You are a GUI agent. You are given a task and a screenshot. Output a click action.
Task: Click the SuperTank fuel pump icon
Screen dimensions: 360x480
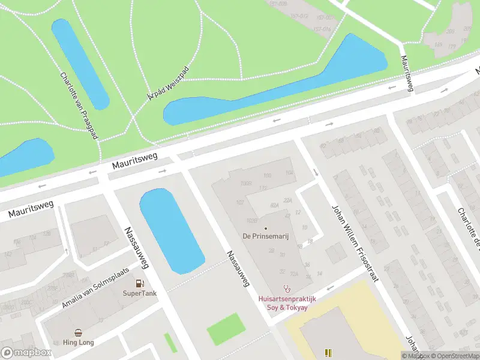(x=140, y=283)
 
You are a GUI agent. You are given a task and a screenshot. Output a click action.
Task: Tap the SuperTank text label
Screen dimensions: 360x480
(x=140, y=293)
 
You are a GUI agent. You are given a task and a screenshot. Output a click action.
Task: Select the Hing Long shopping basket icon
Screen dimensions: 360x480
(x=79, y=332)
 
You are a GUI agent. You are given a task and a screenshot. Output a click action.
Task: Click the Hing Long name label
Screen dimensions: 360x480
(x=79, y=343)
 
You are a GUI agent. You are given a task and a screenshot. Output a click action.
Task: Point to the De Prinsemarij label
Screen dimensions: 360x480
(x=266, y=236)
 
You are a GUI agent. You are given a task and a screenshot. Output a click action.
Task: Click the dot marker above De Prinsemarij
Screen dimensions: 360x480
(x=266, y=227)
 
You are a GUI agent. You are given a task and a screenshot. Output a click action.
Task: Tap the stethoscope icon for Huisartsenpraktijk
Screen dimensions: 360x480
(x=287, y=289)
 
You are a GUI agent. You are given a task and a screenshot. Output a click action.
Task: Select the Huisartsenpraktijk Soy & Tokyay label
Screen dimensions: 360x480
(x=287, y=303)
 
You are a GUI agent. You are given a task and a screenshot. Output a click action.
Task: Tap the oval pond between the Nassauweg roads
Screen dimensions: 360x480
(x=171, y=231)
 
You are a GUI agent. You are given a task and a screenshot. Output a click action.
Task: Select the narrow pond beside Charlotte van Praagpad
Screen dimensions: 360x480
(x=80, y=63)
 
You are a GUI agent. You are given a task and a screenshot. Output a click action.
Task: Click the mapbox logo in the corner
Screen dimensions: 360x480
(x=26, y=352)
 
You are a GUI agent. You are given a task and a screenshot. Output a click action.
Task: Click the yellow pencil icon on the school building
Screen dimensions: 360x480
(x=328, y=353)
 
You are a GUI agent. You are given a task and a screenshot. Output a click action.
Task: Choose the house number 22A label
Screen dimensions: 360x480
(x=287, y=200)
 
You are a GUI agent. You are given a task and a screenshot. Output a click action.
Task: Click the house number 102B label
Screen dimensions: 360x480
(x=245, y=182)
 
